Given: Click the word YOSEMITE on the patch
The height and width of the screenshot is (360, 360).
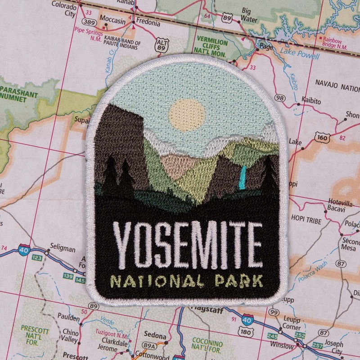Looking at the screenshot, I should coord(187,244).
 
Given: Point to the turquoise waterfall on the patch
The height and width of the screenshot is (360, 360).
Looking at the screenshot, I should coord(243,177).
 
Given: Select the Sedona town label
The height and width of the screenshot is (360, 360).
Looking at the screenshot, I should coord(154,336).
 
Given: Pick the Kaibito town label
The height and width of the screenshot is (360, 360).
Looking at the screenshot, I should coord(311,102).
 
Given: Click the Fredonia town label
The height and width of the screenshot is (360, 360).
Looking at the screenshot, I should coord(148,21).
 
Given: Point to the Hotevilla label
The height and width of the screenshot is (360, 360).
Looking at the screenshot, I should coord(340,202).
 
